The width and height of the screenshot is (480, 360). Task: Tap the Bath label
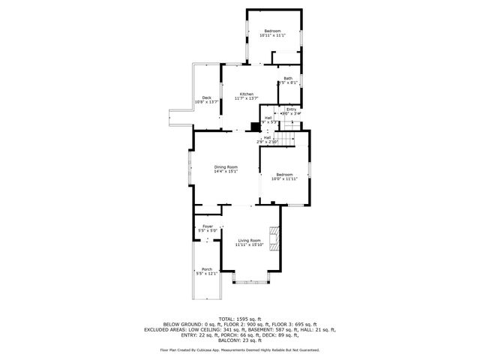click(x=288, y=78)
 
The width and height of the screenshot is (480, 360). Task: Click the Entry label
click(x=291, y=109)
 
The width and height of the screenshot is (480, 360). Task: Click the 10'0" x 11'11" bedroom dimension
click(x=284, y=178)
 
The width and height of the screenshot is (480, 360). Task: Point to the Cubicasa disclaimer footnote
click(x=240, y=349)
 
